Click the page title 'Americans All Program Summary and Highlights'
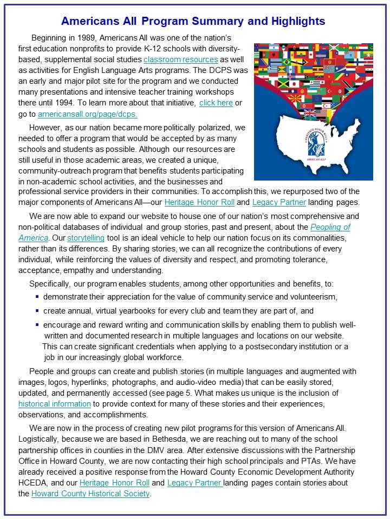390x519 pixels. [193, 21]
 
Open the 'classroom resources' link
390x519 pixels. [181, 59]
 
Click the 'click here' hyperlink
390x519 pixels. [216, 103]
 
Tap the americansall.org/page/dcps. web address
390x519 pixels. [87, 114]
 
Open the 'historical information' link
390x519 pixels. [54, 403]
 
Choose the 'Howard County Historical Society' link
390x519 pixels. [90, 494]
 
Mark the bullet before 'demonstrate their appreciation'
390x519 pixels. [37, 297]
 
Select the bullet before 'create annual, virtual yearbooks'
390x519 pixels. [37, 311]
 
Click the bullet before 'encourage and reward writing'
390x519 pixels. [37, 325]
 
